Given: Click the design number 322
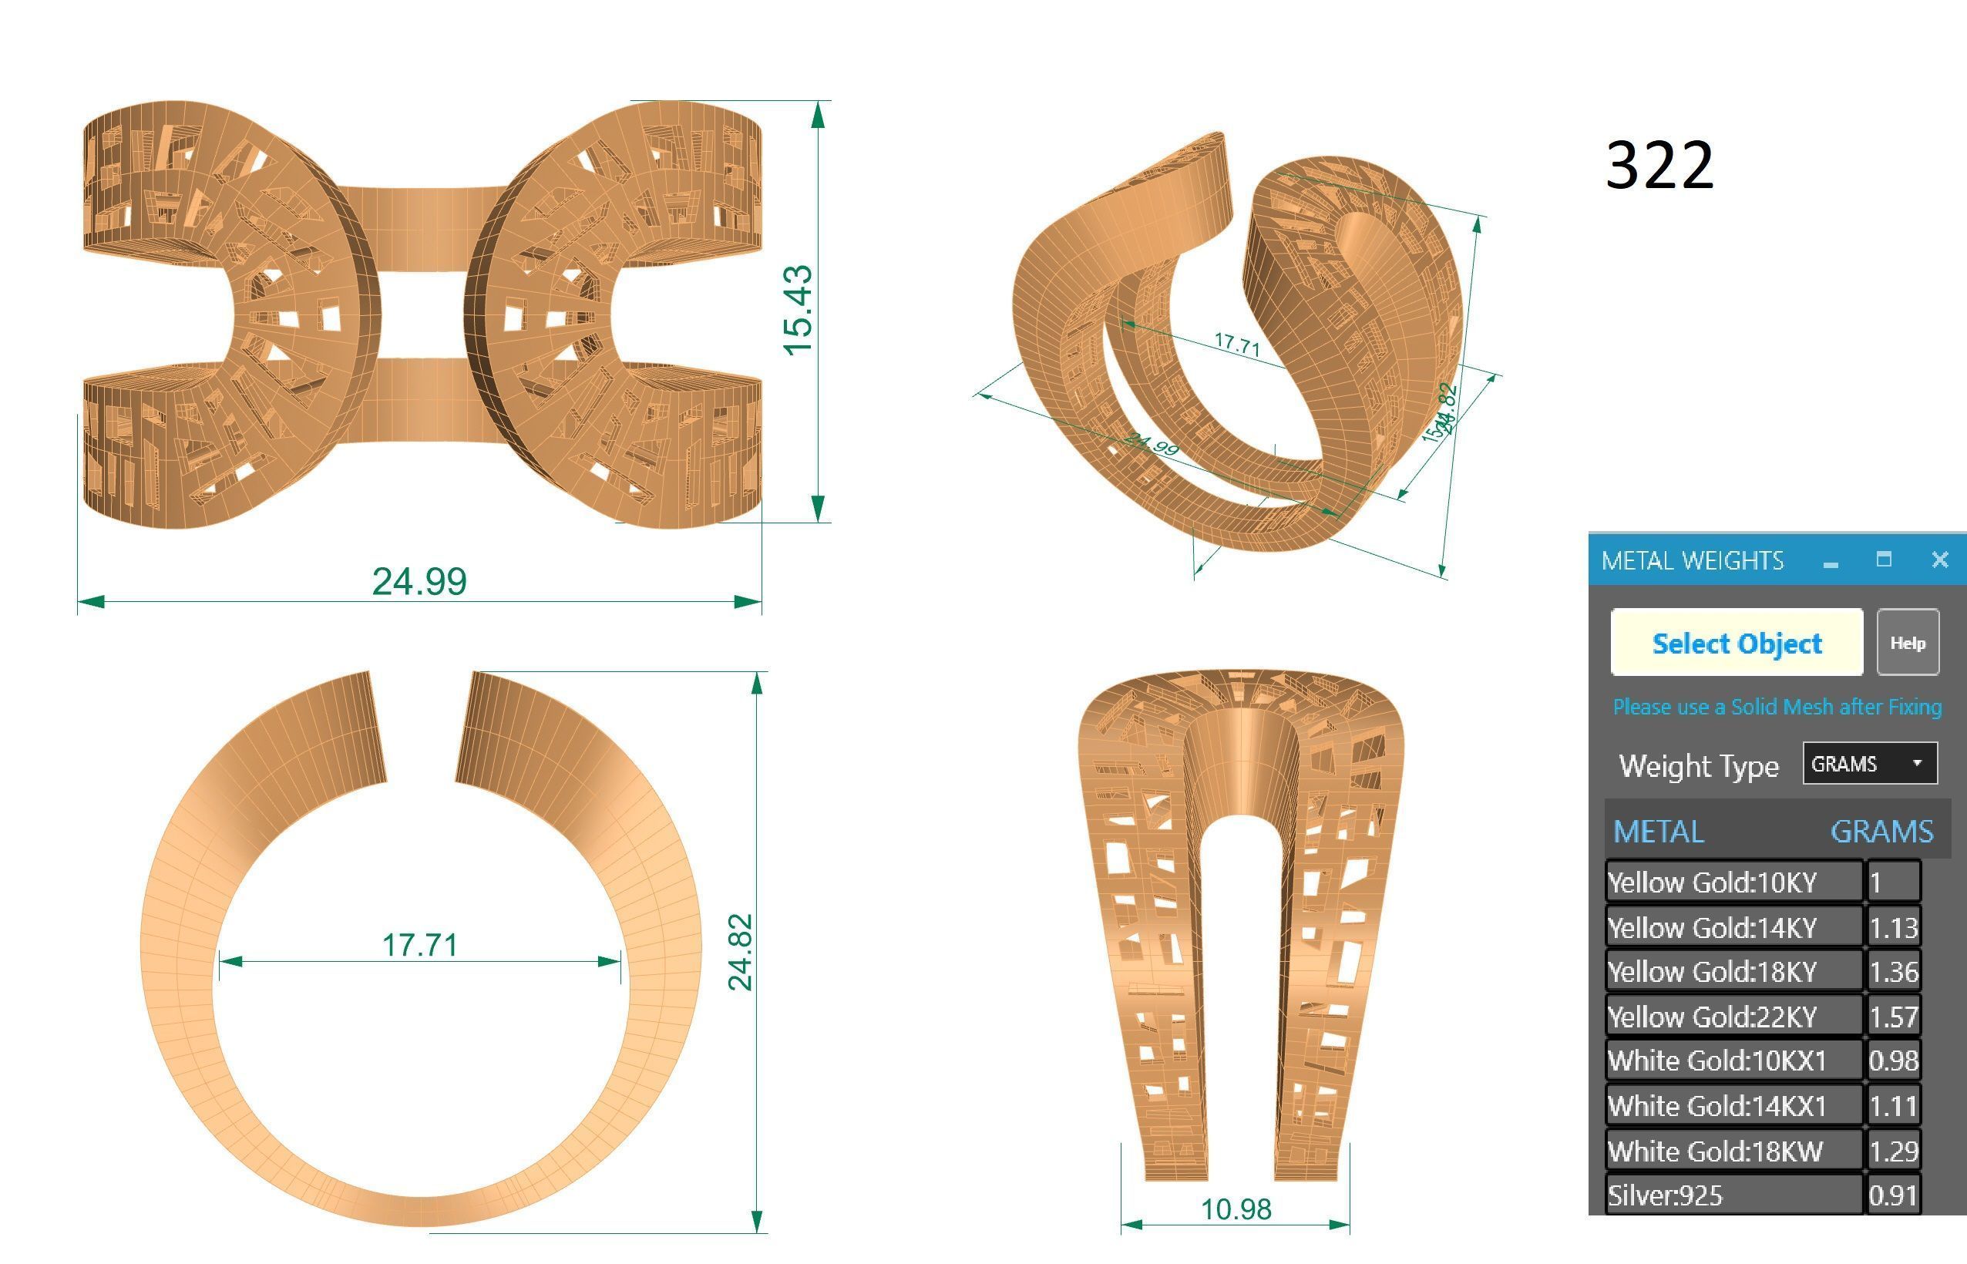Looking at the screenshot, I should (1659, 166).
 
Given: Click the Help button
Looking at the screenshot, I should (1907, 643).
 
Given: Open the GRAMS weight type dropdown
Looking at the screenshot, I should (1869, 763).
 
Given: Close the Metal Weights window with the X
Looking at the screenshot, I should (1939, 560).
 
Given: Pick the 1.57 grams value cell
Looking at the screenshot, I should (1892, 1017).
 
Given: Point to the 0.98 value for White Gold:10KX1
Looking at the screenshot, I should (1892, 1061).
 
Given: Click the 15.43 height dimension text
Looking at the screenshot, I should (797, 311).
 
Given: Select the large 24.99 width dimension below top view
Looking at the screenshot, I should (419, 581).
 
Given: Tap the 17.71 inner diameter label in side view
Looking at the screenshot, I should (419, 945).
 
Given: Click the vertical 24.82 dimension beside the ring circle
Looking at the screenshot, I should (739, 951).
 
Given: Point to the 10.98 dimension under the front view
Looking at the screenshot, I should (1235, 1209).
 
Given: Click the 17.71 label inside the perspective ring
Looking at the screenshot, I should (1236, 344).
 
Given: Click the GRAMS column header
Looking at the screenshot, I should (1881, 832).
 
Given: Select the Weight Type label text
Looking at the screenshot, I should (1698, 766).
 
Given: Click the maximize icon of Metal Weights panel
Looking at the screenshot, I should (1884, 559).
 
